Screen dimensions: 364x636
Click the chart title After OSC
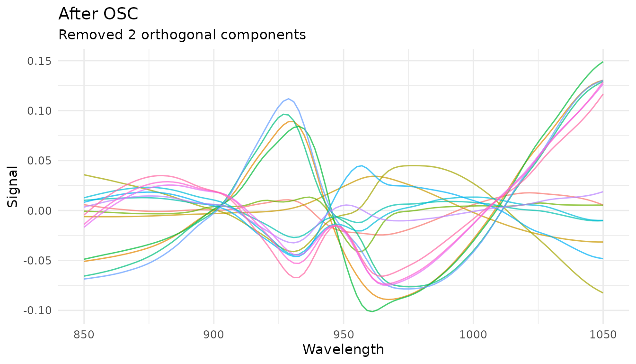pos(98,14)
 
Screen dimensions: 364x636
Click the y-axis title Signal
pos(13,186)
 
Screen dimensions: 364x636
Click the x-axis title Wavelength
pos(343,350)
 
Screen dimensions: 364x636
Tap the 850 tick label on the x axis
pos(84,335)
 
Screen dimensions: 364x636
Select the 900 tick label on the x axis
pos(214,335)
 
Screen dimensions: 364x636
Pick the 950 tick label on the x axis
pos(344,335)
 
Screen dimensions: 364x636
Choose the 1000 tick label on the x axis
pos(473,335)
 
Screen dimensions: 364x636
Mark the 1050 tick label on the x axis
pos(603,335)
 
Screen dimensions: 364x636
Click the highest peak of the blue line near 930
pos(289,99)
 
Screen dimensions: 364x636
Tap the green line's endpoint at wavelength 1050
pos(603,62)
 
